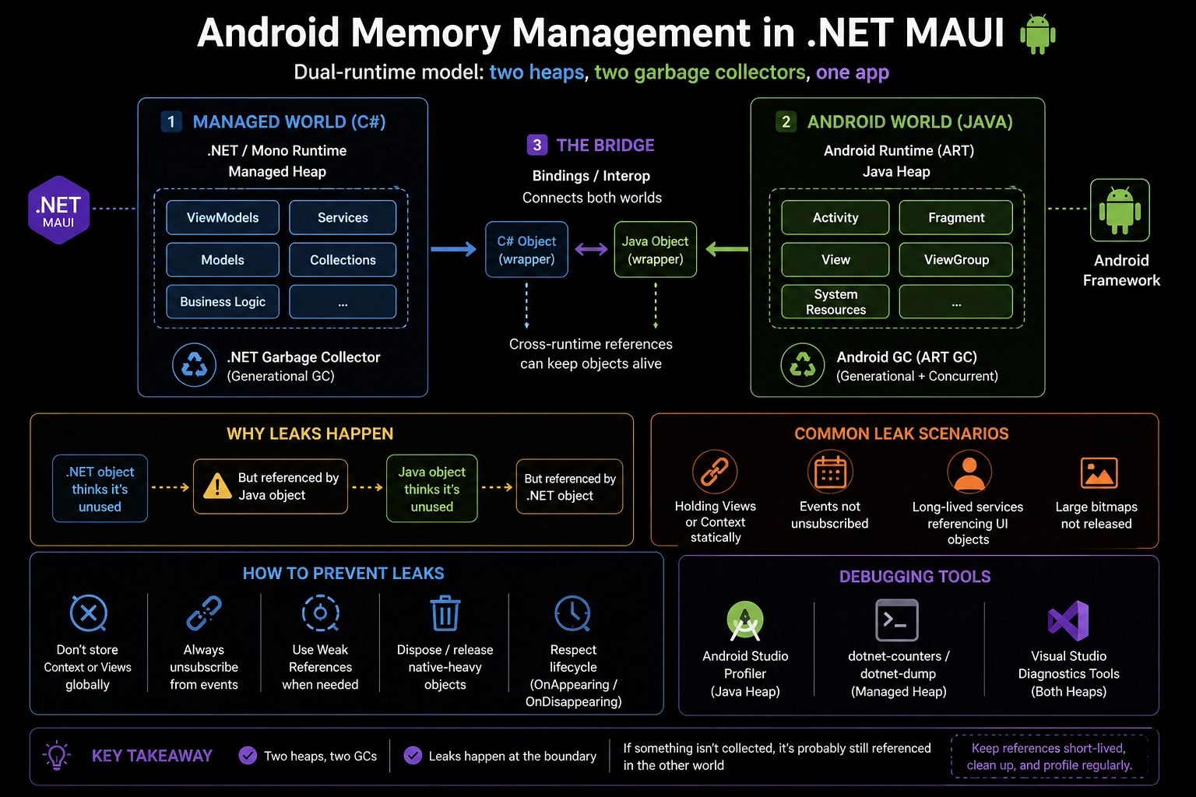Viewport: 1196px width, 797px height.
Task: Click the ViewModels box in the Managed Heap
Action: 223,218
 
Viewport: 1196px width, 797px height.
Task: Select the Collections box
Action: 343,260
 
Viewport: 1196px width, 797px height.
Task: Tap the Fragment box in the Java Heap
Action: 955,218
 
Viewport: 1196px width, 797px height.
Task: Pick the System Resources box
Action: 835,302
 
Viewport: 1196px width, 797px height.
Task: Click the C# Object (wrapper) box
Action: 526,250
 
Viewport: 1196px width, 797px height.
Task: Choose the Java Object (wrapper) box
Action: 655,250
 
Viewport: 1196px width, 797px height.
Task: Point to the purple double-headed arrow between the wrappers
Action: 591,249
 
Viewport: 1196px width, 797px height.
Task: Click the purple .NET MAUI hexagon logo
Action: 58,210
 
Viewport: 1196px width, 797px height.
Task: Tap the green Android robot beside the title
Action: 1038,34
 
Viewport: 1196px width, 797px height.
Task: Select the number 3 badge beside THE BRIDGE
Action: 536,146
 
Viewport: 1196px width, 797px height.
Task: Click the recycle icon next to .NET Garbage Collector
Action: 194,364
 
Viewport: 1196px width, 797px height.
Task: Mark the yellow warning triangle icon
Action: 216,486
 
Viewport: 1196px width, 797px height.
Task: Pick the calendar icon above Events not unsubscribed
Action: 830,472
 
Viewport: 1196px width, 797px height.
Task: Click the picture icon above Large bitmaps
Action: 1099,472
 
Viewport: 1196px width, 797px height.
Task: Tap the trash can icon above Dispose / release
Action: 445,614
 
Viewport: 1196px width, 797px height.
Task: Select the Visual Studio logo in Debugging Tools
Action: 1068,620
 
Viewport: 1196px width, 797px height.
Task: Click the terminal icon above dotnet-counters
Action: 897,620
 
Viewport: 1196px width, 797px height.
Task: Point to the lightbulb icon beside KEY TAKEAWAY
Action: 57,756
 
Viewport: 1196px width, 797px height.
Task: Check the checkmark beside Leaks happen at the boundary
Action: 413,756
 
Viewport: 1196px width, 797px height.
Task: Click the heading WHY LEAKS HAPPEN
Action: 310,434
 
